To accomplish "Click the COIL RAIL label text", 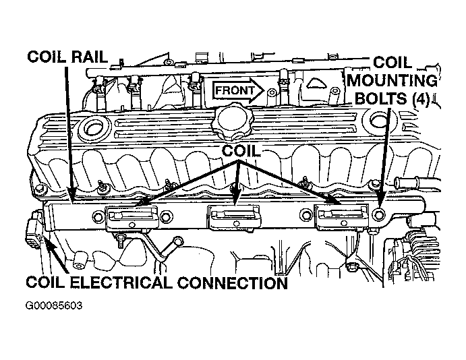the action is click(67, 57).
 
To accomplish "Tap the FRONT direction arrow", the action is click(238, 90).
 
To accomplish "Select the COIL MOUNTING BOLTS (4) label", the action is click(392, 81).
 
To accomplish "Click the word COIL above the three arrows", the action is click(241, 151).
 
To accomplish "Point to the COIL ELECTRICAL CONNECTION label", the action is click(157, 282).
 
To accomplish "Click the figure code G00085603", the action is click(54, 305).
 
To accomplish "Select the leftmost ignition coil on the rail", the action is click(132, 218).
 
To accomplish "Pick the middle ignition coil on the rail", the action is click(234, 218).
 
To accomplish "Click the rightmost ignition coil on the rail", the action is click(342, 218).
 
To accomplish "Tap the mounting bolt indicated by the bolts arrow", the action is click(378, 214).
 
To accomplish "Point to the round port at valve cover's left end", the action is click(92, 127).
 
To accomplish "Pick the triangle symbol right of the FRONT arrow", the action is click(316, 84).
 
